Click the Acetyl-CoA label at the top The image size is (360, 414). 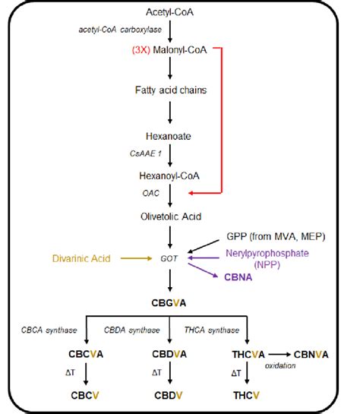point(173,12)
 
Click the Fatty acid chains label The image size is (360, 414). point(172,90)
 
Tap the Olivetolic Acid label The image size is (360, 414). point(172,217)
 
